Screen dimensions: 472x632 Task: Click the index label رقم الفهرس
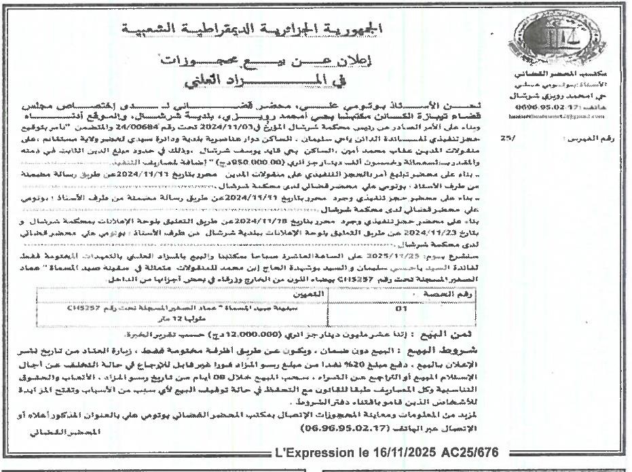tap(590, 138)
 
